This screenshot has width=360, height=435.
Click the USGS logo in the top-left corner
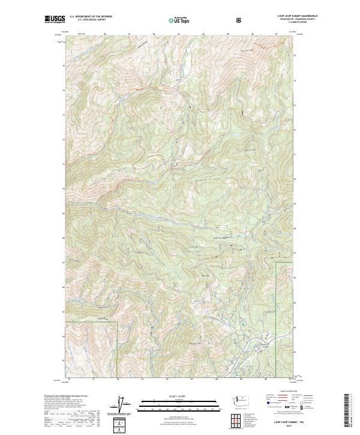(55, 20)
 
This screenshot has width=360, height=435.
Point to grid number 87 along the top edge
(275, 35)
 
